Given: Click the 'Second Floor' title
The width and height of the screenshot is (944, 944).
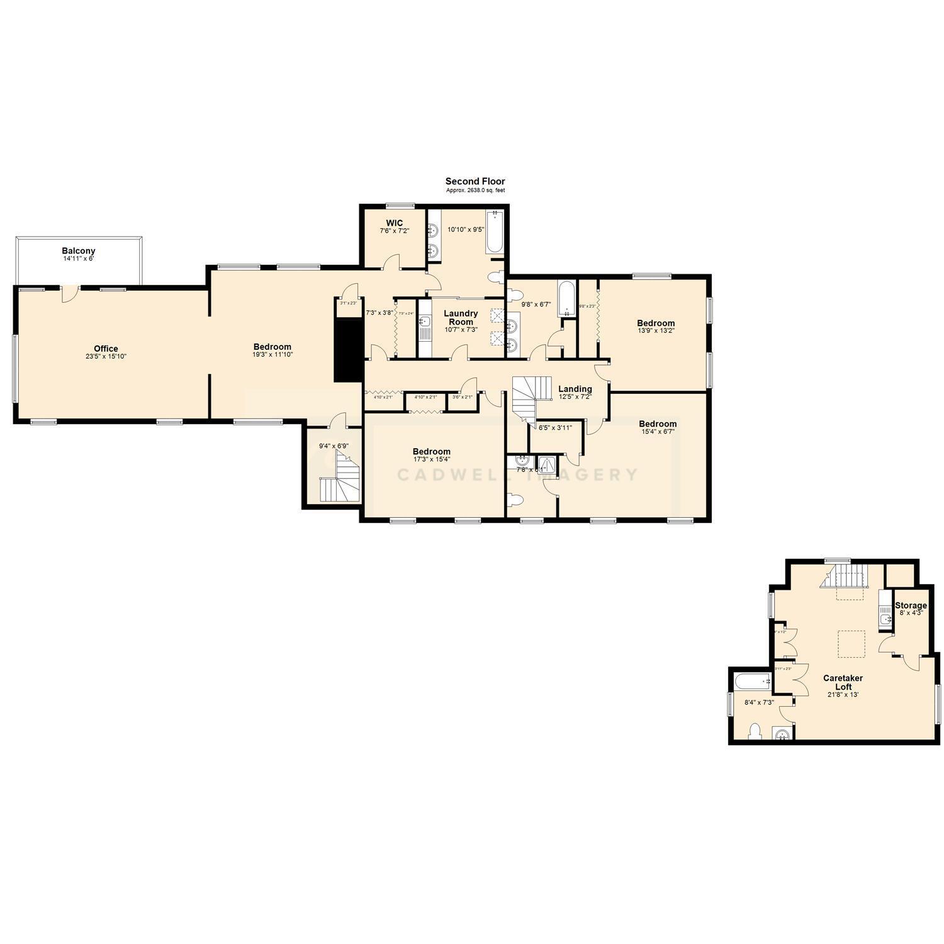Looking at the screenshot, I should [x=475, y=181].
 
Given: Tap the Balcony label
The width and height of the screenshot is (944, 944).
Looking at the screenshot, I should [x=79, y=251].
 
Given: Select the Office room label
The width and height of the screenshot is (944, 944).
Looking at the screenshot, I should [x=106, y=349].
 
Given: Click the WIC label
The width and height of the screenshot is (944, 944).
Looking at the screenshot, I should [x=395, y=223].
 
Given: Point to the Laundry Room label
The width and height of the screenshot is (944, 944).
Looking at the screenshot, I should [x=461, y=317].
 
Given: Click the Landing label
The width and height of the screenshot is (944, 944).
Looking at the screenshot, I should [x=575, y=389].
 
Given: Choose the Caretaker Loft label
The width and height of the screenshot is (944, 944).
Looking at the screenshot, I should [x=843, y=682].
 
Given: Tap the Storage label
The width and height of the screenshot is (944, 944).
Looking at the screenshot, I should [x=911, y=605].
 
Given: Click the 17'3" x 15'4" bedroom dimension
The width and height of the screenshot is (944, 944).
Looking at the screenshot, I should [x=432, y=459].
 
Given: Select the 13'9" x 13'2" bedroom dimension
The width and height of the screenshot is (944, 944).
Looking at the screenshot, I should [x=655, y=330].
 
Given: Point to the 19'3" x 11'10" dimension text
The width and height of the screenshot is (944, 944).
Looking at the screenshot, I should [x=273, y=355].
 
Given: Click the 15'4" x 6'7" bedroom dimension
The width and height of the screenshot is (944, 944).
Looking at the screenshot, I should [x=658, y=432].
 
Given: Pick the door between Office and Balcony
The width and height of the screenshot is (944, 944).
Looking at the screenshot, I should [x=70, y=293].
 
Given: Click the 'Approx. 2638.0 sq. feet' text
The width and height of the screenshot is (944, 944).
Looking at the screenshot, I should [x=475, y=190].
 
